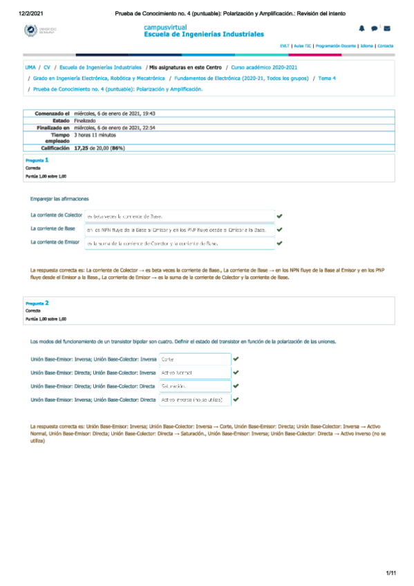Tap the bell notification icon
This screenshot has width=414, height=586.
pyautogui.click(x=361, y=28)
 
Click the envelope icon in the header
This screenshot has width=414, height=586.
pyautogui.click(x=386, y=28)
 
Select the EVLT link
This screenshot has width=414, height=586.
pyautogui.click(x=284, y=46)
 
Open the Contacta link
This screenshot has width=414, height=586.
pyautogui.click(x=385, y=46)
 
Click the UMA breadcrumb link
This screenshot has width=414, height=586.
pyautogui.click(x=30, y=68)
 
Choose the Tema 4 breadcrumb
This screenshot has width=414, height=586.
pyautogui.click(x=324, y=79)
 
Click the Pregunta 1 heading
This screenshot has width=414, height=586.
pyautogui.click(x=37, y=160)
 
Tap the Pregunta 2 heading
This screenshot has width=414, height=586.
pyautogui.click(x=37, y=303)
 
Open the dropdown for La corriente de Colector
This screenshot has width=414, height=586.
pyautogui.click(x=178, y=216)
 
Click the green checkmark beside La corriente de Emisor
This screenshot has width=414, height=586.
pyautogui.click(x=279, y=243)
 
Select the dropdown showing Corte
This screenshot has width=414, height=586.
pyautogui.click(x=194, y=359)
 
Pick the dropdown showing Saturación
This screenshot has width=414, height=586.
pyautogui.click(x=194, y=386)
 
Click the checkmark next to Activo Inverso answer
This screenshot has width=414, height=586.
pyautogui.click(x=236, y=399)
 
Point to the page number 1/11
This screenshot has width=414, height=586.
pyautogui.click(x=391, y=574)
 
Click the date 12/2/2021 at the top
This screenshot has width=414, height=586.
pyautogui.click(x=30, y=13)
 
